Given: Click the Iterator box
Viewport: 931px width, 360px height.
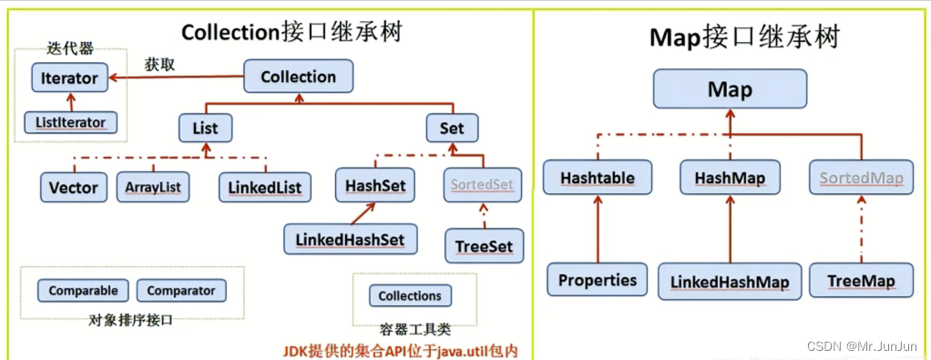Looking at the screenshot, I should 69,78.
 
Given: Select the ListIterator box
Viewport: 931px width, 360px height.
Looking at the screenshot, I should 70,121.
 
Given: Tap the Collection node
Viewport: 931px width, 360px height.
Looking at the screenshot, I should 298,77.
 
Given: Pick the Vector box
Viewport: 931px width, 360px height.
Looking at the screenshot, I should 74,187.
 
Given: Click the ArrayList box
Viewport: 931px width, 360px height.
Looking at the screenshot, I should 151,187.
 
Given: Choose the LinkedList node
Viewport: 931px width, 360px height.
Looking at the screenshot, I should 265,187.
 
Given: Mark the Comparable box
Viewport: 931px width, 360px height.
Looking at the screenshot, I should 83,291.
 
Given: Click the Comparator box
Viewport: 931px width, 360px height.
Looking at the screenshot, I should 180,291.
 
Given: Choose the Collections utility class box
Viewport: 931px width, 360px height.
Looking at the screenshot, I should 410,295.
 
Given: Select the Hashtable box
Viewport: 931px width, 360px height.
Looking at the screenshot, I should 598,177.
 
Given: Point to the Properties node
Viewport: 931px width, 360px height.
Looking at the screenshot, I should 598,280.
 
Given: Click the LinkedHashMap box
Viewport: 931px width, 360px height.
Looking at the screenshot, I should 730,280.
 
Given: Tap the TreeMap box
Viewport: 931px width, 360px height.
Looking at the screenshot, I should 861,280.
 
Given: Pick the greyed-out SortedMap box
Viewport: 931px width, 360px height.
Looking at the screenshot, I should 861,177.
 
